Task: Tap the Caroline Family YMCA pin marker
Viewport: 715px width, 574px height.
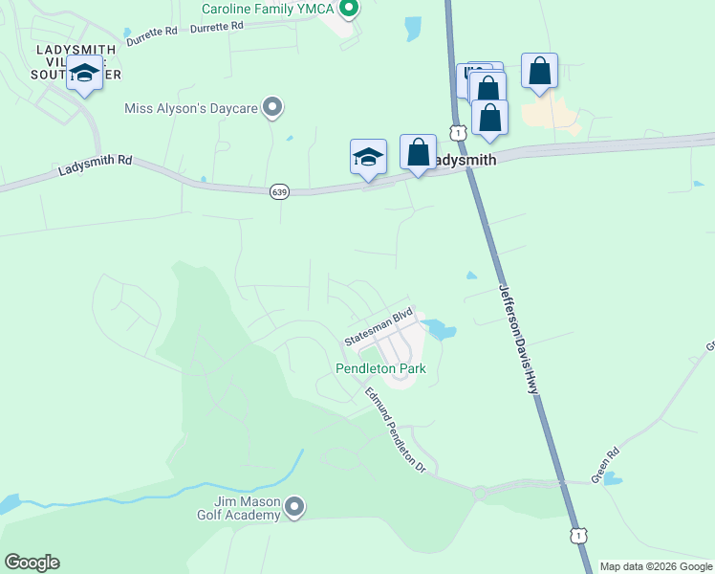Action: coord(349,10)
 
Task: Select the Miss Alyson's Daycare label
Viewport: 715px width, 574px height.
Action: coord(191,108)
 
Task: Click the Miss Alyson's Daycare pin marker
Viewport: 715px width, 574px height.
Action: coord(272,108)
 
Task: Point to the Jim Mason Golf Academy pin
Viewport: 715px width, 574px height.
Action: coord(294,506)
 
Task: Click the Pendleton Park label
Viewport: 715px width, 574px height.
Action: coord(379,368)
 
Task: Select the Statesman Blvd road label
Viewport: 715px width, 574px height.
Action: coord(378,327)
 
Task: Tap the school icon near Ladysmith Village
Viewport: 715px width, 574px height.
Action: coord(84,74)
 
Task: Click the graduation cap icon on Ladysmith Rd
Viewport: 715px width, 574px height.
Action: coord(368,155)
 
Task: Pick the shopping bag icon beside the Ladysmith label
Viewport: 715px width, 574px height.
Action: coord(418,151)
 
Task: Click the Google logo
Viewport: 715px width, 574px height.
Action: coord(32,563)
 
